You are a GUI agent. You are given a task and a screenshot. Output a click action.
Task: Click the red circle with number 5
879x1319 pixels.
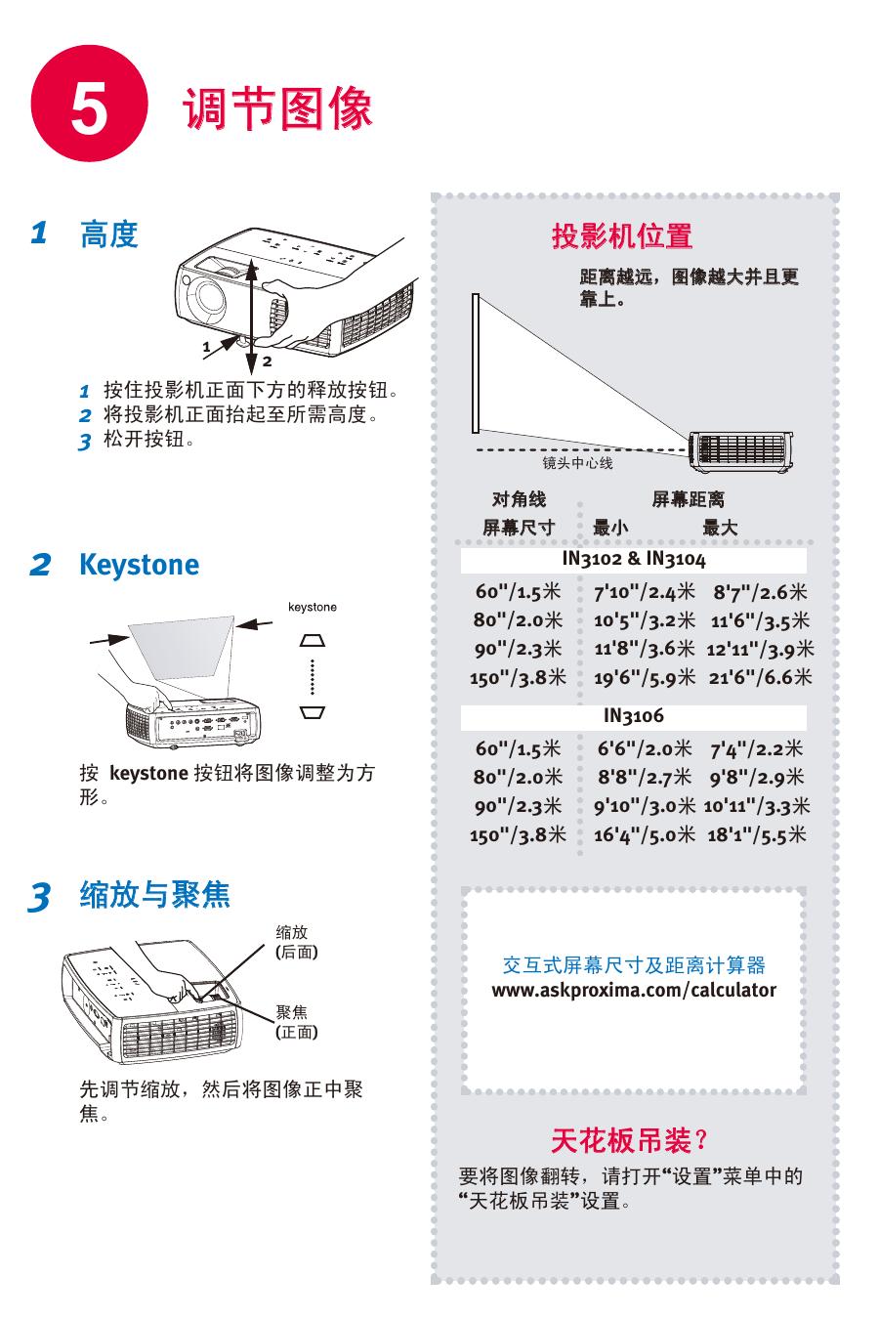(x=89, y=104)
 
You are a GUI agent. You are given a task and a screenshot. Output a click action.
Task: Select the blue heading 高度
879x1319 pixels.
(x=109, y=234)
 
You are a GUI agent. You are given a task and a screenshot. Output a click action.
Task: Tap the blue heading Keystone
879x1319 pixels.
(x=139, y=564)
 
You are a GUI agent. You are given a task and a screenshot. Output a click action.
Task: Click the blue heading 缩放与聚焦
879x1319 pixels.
(x=155, y=894)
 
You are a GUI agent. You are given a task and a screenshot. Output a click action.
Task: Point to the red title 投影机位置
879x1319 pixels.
(x=622, y=235)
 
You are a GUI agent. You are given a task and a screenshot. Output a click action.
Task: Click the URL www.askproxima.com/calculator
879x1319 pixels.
(x=634, y=990)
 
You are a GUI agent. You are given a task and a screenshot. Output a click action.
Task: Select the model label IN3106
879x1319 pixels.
(x=634, y=715)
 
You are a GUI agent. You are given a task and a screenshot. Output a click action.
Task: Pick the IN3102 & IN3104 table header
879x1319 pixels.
(x=634, y=558)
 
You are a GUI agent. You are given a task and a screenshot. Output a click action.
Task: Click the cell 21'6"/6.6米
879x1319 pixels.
(x=760, y=677)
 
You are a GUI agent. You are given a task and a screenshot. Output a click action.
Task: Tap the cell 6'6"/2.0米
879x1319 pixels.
(x=645, y=748)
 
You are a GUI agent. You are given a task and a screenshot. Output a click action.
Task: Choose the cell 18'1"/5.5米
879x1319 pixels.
(x=757, y=834)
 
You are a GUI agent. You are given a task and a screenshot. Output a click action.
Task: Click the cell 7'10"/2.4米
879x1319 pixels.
(x=645, y=591)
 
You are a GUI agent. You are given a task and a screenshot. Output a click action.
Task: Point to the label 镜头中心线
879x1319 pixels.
(x=577, y=463)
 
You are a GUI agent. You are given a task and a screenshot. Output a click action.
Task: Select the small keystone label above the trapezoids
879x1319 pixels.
(x=312, y=607)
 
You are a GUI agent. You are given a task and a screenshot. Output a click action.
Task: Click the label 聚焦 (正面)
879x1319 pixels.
(x=297, y=1022)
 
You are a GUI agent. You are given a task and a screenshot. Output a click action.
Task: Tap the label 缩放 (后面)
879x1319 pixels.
(x=297, y=942)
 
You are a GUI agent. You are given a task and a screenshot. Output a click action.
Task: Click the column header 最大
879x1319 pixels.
(x=720, y=527)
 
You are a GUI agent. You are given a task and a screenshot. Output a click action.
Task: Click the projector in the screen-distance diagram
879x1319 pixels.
(x=740, y=451)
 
